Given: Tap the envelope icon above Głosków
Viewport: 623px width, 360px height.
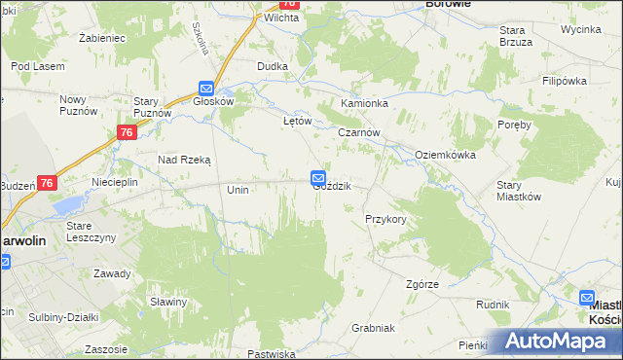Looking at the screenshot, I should point(206,87).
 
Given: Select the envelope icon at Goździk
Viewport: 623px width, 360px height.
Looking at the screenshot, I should point(318,177).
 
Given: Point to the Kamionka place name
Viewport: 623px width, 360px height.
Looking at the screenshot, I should point(364,103).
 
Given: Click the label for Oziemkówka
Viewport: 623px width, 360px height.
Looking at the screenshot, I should point(445,155).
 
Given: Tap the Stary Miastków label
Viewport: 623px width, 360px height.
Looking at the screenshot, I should point(518,190).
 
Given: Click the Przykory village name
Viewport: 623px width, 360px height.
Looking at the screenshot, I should point(385,220).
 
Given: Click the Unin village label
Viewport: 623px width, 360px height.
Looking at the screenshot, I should point(238,190).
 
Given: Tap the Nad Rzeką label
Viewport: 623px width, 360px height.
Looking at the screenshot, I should point(185,159).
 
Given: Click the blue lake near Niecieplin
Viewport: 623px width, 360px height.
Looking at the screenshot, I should point(68,206).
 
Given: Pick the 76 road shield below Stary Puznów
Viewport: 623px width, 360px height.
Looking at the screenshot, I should point(126,133).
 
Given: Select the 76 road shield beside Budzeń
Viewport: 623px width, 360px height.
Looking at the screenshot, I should point(49,182).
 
